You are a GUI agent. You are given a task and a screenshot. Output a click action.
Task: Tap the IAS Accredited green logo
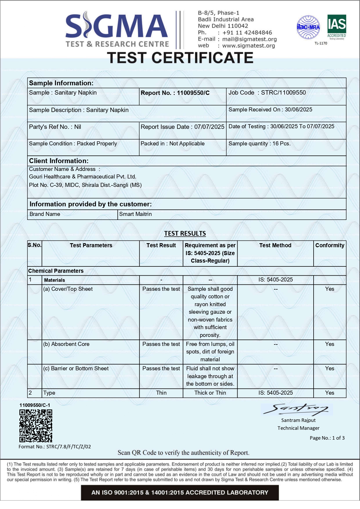337,27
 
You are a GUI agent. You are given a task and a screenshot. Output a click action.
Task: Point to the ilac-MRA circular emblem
308,27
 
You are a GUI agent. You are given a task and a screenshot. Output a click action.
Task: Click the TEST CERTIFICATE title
180,57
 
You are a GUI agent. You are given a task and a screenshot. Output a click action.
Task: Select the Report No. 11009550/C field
175,93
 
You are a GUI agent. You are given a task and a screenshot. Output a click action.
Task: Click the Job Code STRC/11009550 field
267,93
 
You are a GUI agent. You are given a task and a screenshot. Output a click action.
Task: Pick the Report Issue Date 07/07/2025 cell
182,127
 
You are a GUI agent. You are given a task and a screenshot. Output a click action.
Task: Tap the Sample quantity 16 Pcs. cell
260,144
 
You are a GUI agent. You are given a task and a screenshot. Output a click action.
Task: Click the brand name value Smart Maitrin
135,214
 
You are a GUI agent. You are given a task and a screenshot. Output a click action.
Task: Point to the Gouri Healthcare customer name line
83,177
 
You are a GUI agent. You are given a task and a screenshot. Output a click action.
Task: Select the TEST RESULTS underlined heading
185,234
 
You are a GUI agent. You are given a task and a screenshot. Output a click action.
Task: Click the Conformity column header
330,246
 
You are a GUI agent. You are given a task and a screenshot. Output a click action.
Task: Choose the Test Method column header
275,246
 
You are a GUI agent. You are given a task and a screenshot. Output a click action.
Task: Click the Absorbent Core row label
66,344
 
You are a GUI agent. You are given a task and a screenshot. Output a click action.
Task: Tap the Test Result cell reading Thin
161,393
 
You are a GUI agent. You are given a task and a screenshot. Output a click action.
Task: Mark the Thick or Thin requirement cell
210,393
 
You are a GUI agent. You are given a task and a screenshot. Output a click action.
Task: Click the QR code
36,426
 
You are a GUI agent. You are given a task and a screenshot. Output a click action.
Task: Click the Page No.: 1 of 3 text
327,438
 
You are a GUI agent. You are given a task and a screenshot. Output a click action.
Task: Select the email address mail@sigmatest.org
249,39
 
